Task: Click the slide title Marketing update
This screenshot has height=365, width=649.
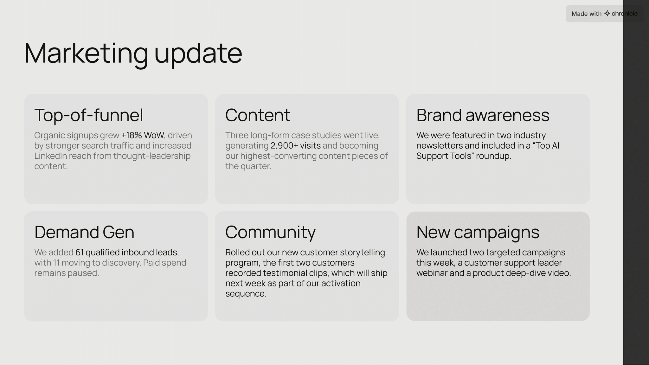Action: click(x=133, y=53)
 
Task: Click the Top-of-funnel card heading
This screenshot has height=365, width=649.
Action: click(x=88, y=115)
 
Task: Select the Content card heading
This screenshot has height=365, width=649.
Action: click(x=258, y=115)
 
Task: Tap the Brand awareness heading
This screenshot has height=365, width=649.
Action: click(x=483, y=115)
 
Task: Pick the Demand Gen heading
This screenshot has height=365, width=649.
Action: click(x=84, y=232)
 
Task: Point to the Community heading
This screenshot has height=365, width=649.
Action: click(x=270, y=232)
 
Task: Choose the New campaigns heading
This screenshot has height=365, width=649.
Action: click(x=478, y=232)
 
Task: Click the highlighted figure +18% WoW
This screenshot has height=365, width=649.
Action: click(x=142, y=135)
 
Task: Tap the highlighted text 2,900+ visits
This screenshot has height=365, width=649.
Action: click(x=295, y=146)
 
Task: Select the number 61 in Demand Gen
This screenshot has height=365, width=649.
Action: click(x=80, y=253)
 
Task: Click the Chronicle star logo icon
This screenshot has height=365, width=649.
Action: click(x=607, y=14)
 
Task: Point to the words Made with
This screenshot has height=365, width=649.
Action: click(x=586, y=14)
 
